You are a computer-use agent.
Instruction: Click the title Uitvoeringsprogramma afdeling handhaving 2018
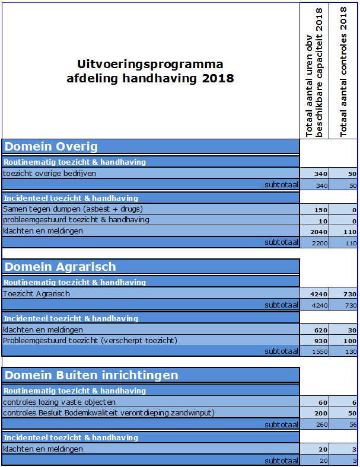150,71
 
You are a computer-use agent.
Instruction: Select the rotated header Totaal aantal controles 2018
344,72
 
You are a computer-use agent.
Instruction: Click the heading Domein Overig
52,146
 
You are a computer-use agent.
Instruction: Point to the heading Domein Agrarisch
60,267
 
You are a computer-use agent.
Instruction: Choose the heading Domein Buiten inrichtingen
91,375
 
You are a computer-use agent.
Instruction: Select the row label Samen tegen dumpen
73,209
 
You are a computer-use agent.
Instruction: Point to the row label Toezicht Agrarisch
36,293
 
